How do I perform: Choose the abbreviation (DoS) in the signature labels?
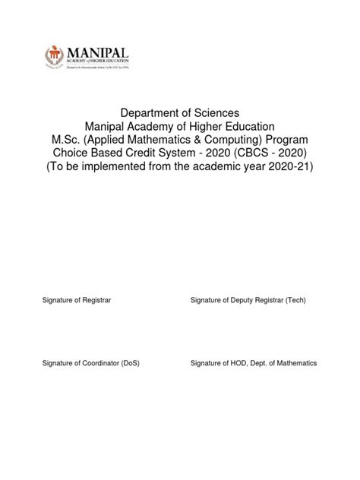point(130,364)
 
